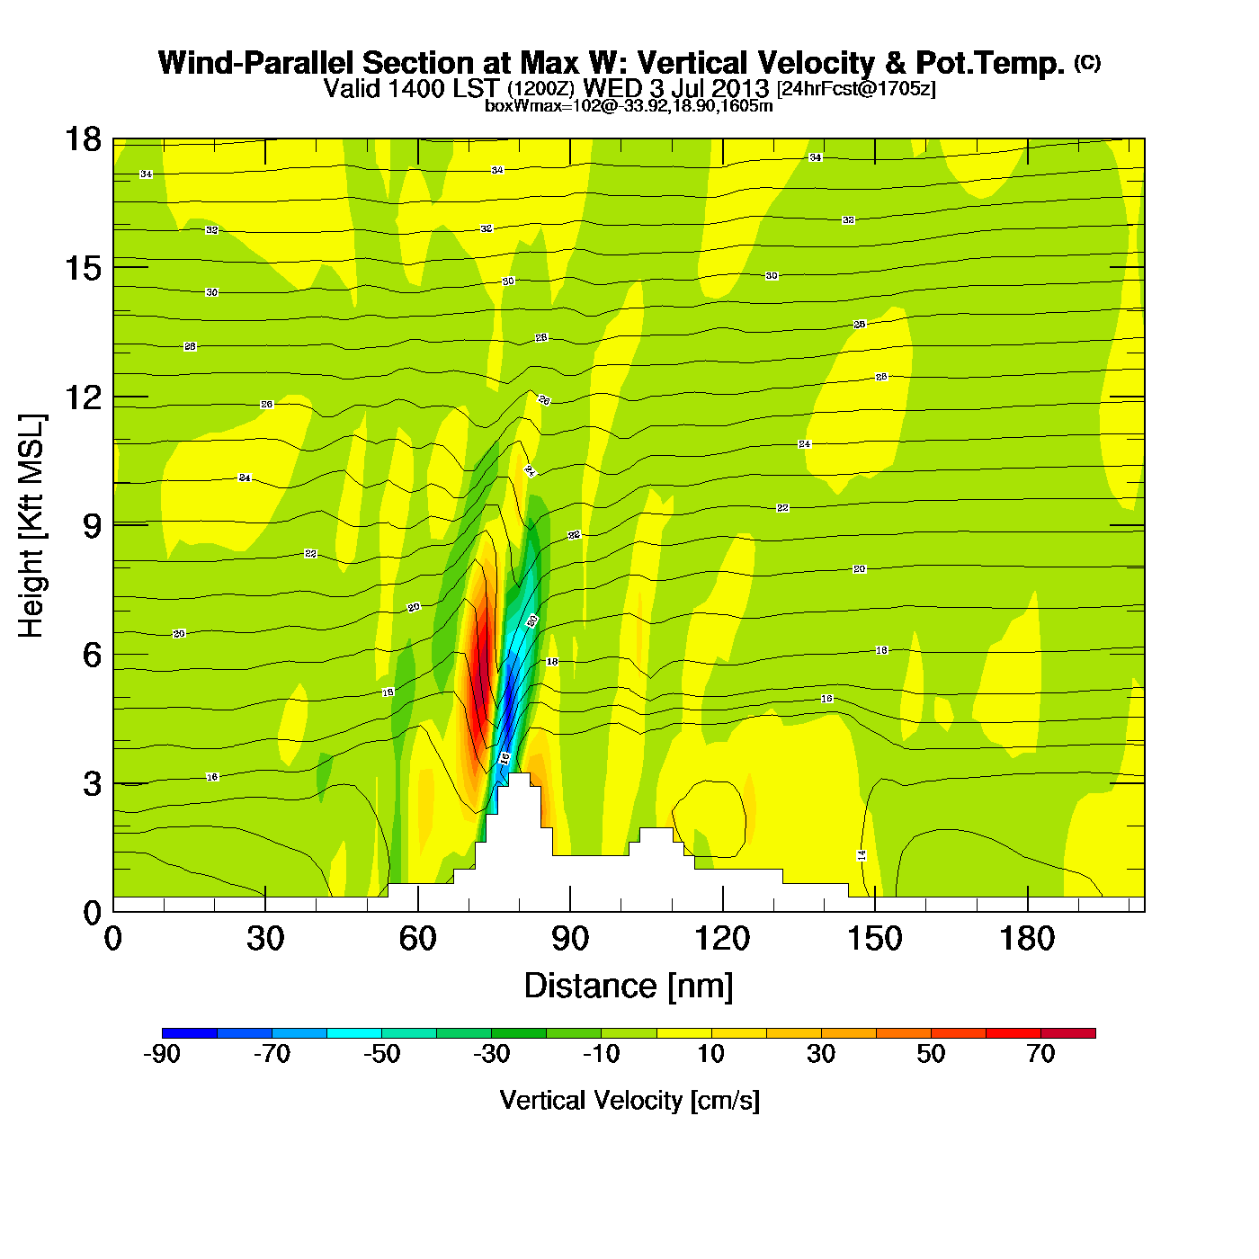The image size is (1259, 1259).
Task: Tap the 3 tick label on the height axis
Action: pyautogui.click(x=92, y=784)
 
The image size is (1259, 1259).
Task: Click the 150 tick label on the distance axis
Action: pyautogui.click(x=874, y=939)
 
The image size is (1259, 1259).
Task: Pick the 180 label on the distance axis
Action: pyautogui.click(x=1027, y=939)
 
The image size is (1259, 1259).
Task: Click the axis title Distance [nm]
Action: pyautogui.click(x=629, y=986)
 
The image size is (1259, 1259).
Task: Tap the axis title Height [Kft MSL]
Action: pyautogui.click(x=31, y=526)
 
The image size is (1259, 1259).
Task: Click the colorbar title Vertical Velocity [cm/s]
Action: pyautogui.click(x=629, y=1100)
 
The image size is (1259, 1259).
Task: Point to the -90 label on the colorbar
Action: pyautogui.click(x=162, y=1054)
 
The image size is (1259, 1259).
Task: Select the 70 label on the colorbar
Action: pyautogui.click(x=1040, y=1054)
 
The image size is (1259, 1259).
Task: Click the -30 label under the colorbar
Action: pyautogui.click(x=491, y=1054)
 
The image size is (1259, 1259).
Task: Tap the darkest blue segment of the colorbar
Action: pyautogui.click(x=190, y=1032)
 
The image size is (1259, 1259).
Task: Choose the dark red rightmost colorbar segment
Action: pyautogui.click(x=1068, y=1032)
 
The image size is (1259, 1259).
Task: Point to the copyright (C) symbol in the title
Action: pyautogui.click(x=1087, y=62)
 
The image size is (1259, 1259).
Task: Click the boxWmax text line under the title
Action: pyautogui.click(x=629, y=105)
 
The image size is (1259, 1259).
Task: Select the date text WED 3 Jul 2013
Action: pyautogui.click(x=676, y=88)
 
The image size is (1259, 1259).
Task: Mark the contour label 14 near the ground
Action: pyautogui.click(x=862, y=855)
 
